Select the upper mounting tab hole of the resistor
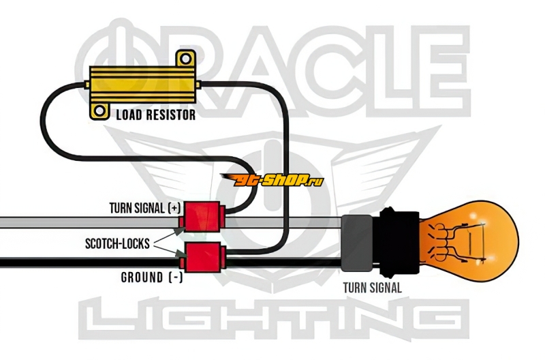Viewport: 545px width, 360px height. pyautogui.click(x=182, y=60)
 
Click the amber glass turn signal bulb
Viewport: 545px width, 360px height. pyautogui.click(x=477, y=237)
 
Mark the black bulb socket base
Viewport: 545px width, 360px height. pyautogui.click(x=395, y=237)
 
